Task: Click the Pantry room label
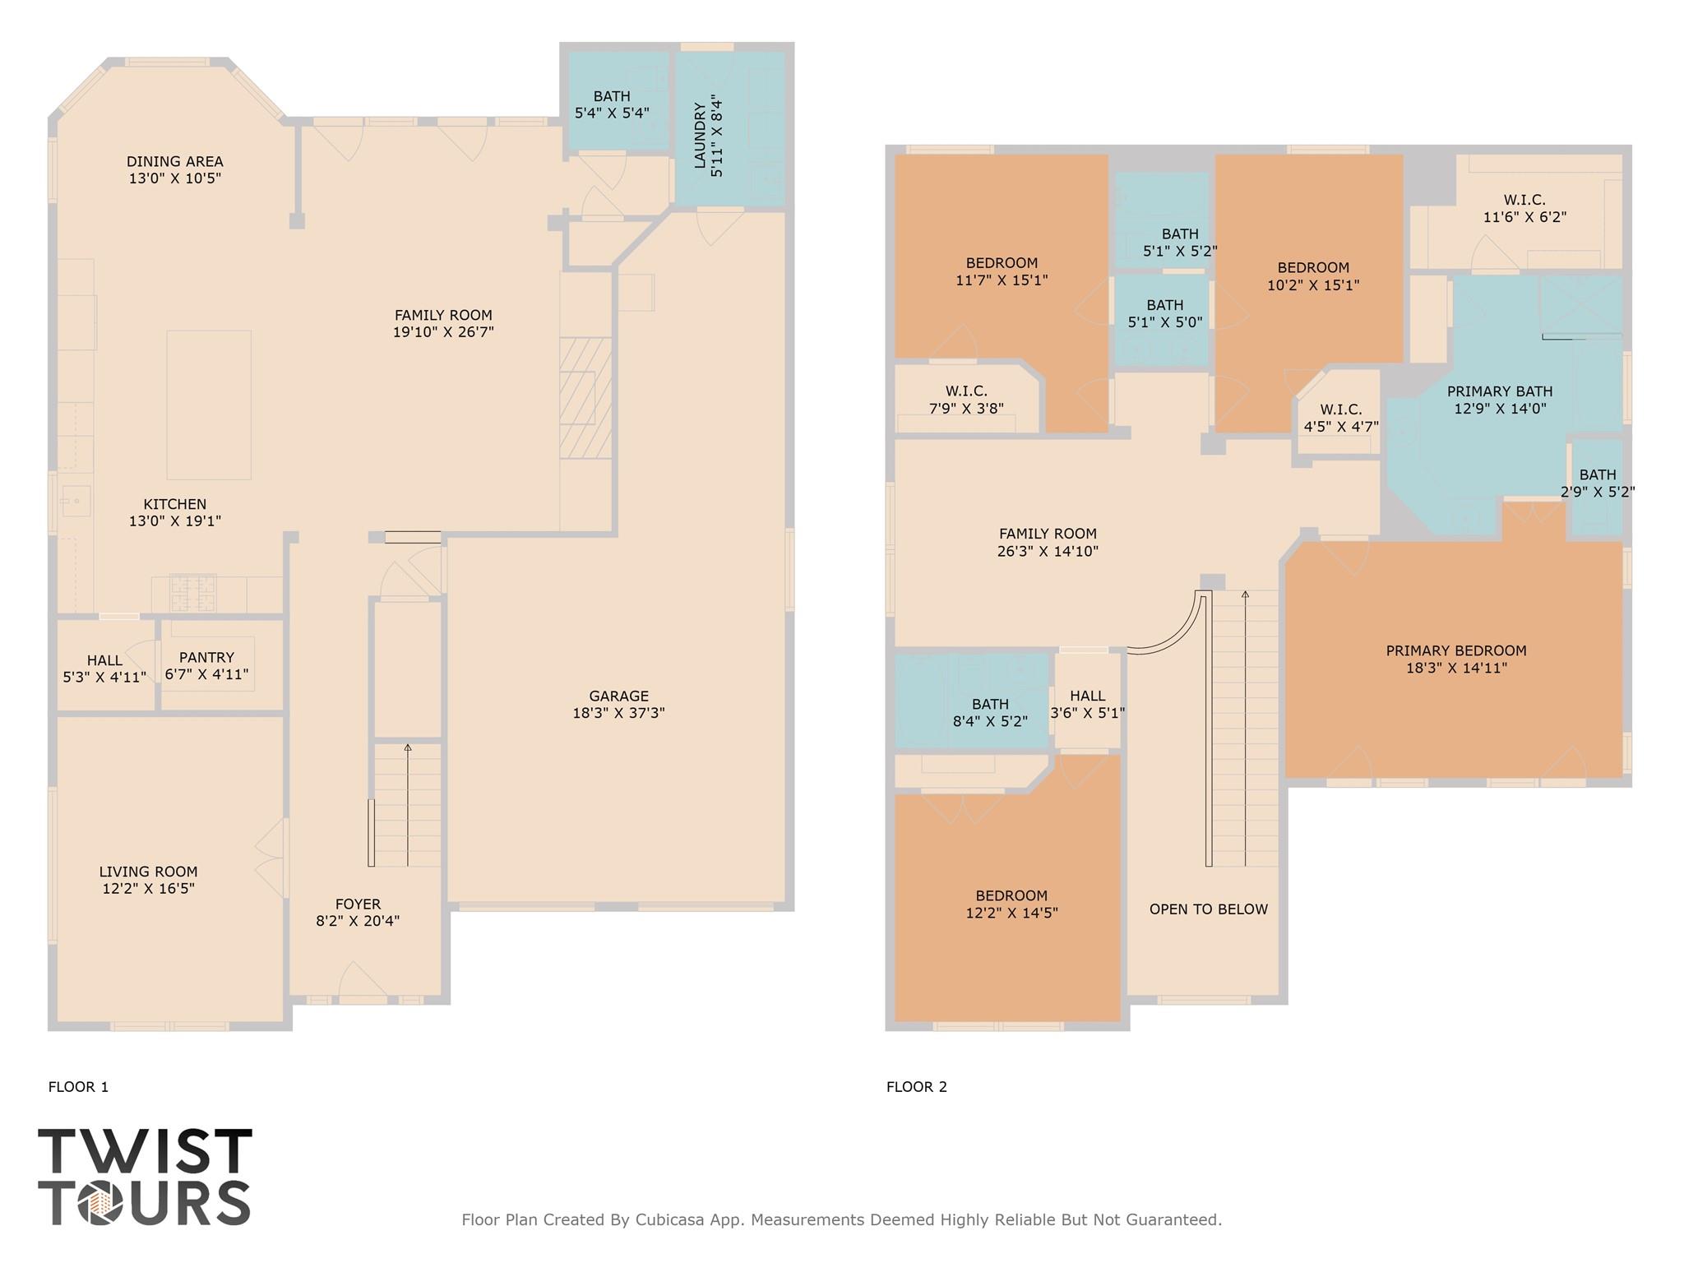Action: pyautogui.click(x=206, y=658)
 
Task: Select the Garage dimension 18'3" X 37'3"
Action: pyautogui.click(x=618, y=713)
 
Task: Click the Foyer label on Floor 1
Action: pyautogui.click(x=358, y=904)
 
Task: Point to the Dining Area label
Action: pyautogui.click(x=175, y=162)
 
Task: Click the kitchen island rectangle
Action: pyautogui.click(x=209, y=405)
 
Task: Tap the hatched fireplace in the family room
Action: pyautogui.click(x=585, y=398)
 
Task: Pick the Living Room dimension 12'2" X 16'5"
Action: pyautogui.click(x=149, y=888)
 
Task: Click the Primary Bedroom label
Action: pyautogui.click(x=1456, y=651)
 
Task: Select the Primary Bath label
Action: pyautogui.click(x=1500, y=391)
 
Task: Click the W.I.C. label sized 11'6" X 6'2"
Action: pyautogui.click(x=1525, y=200)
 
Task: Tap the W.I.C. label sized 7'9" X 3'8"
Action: pyautogui.click(x=966, y=391)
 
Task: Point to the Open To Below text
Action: pyautogui.click(x=1209, y=909)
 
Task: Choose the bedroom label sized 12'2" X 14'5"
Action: pyautogui.click(x=1011, y=896)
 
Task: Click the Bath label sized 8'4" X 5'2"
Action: pyautogui.click(x=990, y=705)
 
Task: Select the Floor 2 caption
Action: pyautogui.click(x=917, y=1087)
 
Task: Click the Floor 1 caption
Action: pyautogui.click(x=79, y=1087)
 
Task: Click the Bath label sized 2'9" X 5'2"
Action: pyautogui.click(x=1598, y=475)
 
